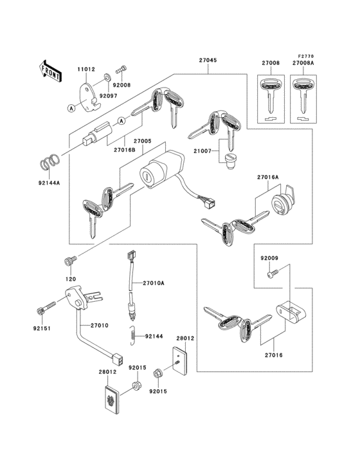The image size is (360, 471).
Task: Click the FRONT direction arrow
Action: tap(51, 70)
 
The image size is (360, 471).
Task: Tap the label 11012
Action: tap(87, 68)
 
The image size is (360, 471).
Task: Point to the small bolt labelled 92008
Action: tap(120, 70)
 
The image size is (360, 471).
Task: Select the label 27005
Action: tap(142, 141)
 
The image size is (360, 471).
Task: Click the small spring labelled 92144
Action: tap(132, 335)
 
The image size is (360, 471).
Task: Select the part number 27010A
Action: tap(154, 282)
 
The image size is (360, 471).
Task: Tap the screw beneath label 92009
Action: tap(271, 275)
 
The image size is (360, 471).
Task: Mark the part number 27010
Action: tap(100, 326)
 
